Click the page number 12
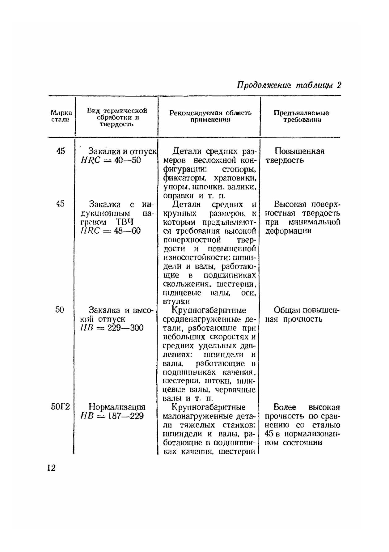pos(51,468)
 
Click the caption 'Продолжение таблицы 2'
pos(289,85)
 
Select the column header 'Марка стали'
pos(61,116)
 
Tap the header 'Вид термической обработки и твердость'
pos(116,117)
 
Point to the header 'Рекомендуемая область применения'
pos(210,116)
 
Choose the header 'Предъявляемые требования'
pos(301,116)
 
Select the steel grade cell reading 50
pos(60,309)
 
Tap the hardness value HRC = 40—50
pos(111,160)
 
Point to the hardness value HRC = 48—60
pos(111,231)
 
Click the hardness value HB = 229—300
pos(112,328)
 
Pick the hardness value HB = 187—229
pos(112,416)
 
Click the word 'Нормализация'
pos(117,407)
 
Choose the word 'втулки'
pos(176,301)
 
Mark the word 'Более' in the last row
pos(285,407)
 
